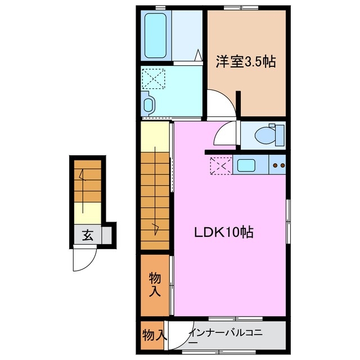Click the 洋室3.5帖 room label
click(246, 62)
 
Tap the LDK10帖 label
click(224, 232)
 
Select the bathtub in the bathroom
click(155, 35)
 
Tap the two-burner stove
click(278, 165)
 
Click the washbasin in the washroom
click(148, 105)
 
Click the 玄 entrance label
click(88, 236)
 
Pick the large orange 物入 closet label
click(155, 285)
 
